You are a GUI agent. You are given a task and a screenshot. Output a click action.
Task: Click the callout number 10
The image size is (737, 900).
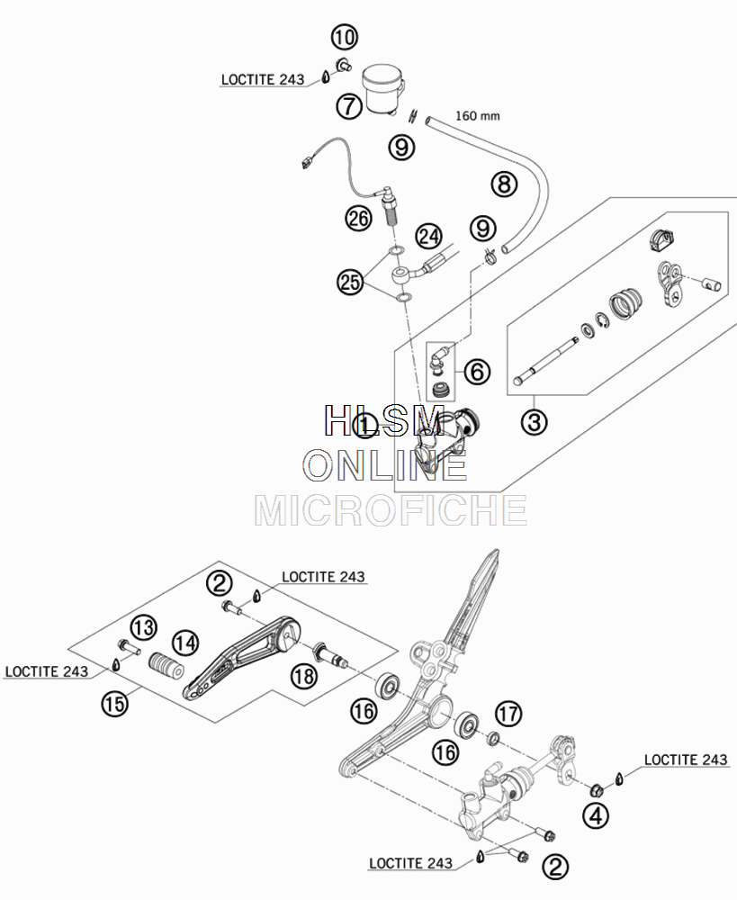click(x=344, y=38)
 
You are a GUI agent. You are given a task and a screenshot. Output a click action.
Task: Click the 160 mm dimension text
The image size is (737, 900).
click(x=478, y=116)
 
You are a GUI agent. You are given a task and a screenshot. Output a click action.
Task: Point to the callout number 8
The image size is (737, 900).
click(x=504, y=184)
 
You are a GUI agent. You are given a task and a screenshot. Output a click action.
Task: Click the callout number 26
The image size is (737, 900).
click(x=359, y=219)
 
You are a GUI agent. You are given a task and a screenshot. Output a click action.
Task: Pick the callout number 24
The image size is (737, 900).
click(x=429, y=237)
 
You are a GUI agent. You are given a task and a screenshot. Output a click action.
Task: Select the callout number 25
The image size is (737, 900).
click(x=351, y=282)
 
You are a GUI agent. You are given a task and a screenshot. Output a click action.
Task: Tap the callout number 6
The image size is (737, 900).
click(x=477, y=372)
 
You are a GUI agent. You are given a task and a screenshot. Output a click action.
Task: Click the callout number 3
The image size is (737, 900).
click(x=534, y=422)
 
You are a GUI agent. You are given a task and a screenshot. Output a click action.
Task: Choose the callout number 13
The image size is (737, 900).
click(x=143, y=627)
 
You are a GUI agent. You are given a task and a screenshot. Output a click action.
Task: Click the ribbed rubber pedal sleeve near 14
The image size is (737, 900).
click(x=166, y=666)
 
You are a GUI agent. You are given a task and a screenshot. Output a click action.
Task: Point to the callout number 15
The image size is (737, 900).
click(x=114, y=703)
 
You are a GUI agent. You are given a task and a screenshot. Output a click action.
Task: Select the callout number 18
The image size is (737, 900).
click(x=303, y=676)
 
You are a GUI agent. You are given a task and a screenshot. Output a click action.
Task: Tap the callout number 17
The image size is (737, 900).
click(x=508, y=714)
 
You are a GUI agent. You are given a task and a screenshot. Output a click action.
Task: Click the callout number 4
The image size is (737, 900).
click(x=595, y=815)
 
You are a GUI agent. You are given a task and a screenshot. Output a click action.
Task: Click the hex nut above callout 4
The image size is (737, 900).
click(x=597, y=790)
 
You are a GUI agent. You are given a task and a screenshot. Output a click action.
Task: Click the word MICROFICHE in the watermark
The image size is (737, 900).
click(x=391, y=510)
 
